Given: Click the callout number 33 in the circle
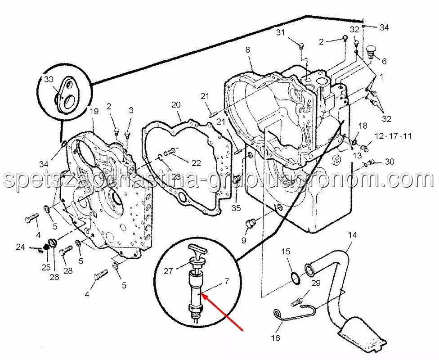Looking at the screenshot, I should tap(49, 80).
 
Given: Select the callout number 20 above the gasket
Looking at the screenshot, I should tap(176, 104).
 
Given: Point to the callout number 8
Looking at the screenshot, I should tap(248, 50).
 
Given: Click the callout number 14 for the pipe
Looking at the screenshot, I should tap(352, 234).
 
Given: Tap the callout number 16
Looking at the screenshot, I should tap(275, 338).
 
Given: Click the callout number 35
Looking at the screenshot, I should tap(237, 208).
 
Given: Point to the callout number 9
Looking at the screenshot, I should tap(243, 240).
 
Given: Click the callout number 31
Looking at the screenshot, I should tap(281, 32).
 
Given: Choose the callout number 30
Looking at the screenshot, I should tap(390, 162).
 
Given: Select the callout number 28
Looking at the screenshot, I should tap(68, 270).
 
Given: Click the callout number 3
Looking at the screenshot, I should tap(131, 110).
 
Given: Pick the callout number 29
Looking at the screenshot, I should tap(316, 283).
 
